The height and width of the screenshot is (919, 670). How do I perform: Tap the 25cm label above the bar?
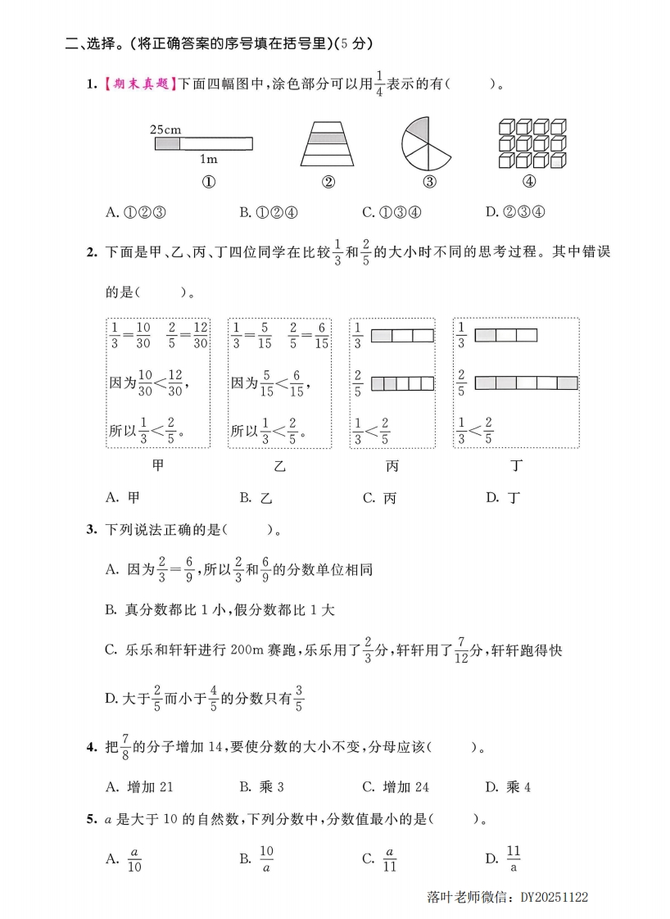click(x=165, y=129)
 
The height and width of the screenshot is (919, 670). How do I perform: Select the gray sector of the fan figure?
click(x=417, y=129)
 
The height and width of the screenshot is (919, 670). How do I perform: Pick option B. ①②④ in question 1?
click(x=268, y=212)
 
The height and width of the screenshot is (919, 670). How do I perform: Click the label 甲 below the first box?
click(x=158, y=466)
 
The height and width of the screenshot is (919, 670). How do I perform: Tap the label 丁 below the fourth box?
click(x=516, y=466)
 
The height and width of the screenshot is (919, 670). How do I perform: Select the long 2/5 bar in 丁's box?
click(x=527, y=383)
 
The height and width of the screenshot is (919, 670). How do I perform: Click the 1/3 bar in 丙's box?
click(x=402, y=336)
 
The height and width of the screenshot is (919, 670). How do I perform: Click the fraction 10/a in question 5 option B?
click(x=266, y=858)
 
